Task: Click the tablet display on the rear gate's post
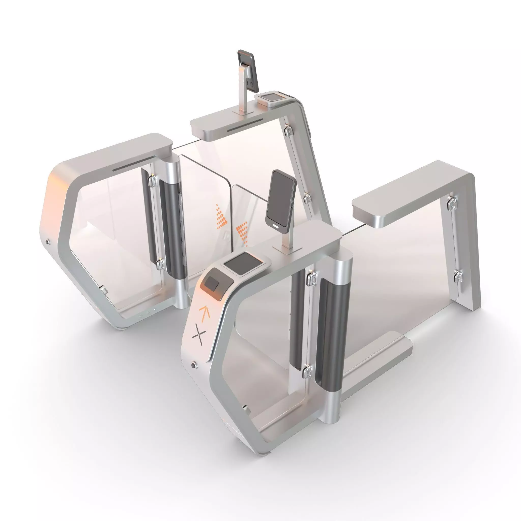248,71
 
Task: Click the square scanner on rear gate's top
271,96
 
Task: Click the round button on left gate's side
48,242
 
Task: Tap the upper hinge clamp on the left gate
153,180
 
